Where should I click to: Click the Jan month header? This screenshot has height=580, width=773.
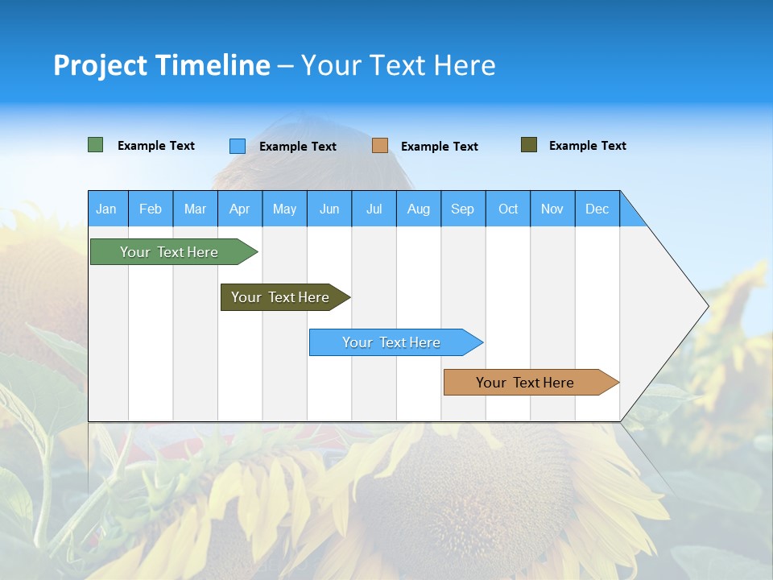coord(107,209)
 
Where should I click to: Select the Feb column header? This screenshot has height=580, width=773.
coord(151,209)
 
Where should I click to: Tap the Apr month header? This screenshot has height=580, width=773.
coord(240,209)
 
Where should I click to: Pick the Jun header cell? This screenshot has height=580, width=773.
coord(329,209)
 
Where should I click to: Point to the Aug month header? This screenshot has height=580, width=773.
coord(419,209)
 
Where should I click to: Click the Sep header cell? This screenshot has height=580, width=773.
coord(463,209)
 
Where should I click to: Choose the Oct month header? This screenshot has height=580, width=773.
coord(508,209)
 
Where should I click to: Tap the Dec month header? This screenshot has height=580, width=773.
coord(597,209)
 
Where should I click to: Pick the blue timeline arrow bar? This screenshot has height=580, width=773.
coord(393,342)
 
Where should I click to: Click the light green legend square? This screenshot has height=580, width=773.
coord(96,145)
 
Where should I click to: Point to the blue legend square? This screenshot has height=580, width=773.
coord(238,146)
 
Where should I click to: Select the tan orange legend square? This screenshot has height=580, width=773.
coord(380,146)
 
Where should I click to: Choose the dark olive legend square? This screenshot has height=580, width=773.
coord(529,145)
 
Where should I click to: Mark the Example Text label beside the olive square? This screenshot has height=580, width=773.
coord(587,146)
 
